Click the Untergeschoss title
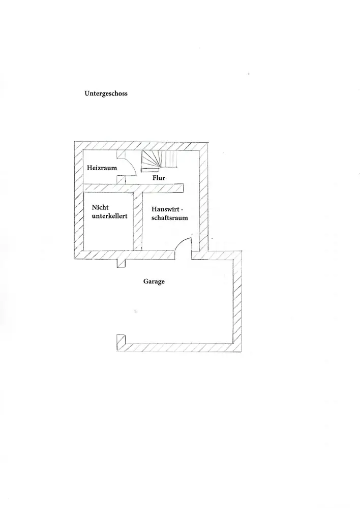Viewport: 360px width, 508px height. pos(106,93)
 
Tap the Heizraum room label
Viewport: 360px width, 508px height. pos(102,168)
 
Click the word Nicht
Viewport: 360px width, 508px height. pos(100,207)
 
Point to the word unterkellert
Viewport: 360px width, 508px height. pos(109,216)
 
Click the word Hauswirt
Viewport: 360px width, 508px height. pos(167,209)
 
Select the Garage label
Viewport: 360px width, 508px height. pos(154,281)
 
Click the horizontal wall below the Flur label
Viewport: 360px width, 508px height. pos(133,188)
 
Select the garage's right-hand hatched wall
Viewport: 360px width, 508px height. pos(237,300)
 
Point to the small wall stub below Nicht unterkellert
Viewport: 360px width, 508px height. pos(121,262)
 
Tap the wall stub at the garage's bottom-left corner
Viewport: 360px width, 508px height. pos(121,341)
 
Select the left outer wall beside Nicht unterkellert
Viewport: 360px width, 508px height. pos(79,218)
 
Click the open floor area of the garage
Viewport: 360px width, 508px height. pos(178,310)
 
